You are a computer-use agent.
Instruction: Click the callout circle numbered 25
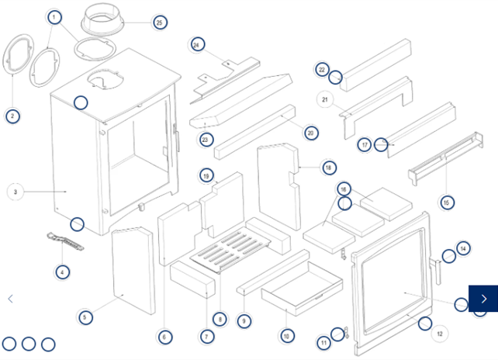pyautogui.click(x=160, y=22)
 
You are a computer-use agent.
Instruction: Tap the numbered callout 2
pyautogui.click(x=12, y=117)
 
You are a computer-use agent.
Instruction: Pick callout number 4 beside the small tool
pyautogui.click(x=63, y=272)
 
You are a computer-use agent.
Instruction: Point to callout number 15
pyautogui.click(x=446, y=202)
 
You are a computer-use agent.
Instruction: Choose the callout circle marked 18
pyautogui.click(x=328, y=168)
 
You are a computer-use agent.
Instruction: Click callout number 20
pyautogui.click(x=310, y=133)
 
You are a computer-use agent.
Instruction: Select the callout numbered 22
pyautogui.click(x=323, y=70)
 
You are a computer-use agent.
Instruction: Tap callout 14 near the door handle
pyautogui.click(x=463, y=248)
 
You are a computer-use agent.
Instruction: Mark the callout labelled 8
pyautogui.click(x=220, y=320)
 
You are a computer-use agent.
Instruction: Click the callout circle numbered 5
pyautogui.click(x=86, y=317)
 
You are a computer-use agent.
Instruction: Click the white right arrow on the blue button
pyautogui.click(x=484, y=299)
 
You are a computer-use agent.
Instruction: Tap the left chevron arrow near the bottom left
pyautogui.click(x=11, y=299)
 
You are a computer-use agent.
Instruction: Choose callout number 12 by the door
pyautogui.click(x=439, y=334)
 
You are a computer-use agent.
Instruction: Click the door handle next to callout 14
pyautogui.click(x=437, y=272)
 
